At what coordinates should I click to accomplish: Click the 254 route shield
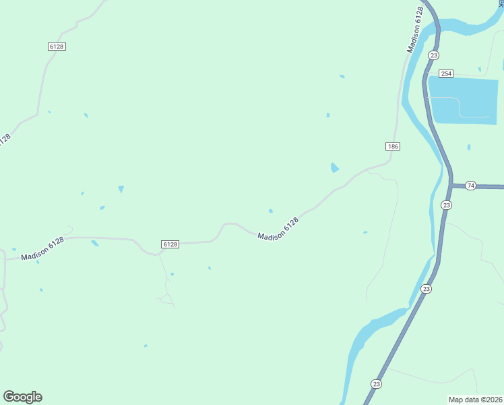(445, 73)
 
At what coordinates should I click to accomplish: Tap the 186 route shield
(393, 146)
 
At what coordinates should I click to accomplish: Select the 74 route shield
(470, 186)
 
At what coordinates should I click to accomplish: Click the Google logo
(22, 397)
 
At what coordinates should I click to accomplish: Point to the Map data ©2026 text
(475, 399)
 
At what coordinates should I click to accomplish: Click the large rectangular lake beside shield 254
(464, 100)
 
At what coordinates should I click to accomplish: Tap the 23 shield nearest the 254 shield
(433, 55)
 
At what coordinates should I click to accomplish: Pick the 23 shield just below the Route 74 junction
(446, 205)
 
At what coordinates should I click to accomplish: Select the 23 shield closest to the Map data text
(376, 384)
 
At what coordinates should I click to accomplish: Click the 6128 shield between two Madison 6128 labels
(170, 244)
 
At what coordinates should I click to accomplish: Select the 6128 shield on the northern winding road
(57, 46)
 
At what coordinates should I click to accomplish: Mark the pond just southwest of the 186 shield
(335, 167)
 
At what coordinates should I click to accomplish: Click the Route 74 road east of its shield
(491, 186)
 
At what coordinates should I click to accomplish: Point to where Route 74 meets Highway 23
(450, 185)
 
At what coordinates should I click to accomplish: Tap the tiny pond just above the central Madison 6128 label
(271, 211)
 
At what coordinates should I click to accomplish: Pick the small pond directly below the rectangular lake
(468, 147)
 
